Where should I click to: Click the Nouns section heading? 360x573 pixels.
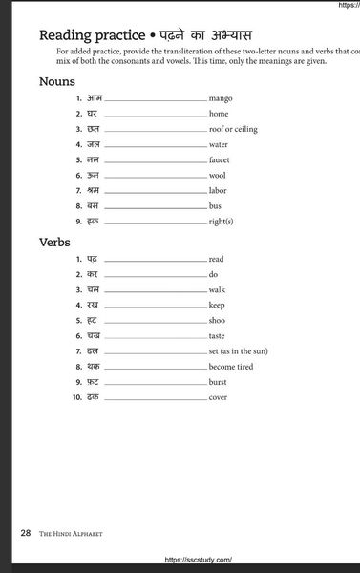coord(57,81)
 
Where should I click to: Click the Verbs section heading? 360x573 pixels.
coord(55,242)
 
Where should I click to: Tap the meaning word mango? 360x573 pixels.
coord(221,98)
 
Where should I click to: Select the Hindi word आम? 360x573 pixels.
coord(94,98)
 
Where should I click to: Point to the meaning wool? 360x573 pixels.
coord(218,176)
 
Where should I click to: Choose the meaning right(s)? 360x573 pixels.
coord(222,222)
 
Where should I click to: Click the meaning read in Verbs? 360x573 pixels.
coord(217,259)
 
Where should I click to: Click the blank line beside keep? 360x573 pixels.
coord(155,306)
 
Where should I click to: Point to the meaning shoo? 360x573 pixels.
coord(218,320)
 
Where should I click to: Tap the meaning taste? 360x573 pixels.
coord(218,335)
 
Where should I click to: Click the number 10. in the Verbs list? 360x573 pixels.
coord(77,396)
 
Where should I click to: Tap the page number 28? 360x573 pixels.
coord(26,533)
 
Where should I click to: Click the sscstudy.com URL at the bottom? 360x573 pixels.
coord(199,560)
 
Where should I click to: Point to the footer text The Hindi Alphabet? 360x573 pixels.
coord(71,534)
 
